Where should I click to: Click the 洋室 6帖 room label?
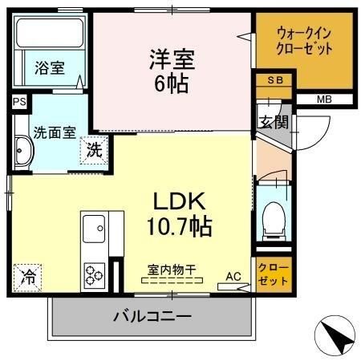[x=170, y=70]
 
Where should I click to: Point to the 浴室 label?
[x=50, y=68]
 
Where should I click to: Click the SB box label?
[x=274, y=81]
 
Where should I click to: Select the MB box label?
[x=323, y=99]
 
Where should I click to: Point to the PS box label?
[x=19, y=102]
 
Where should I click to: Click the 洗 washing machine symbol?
[x=95, y=149]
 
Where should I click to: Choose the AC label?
[x=233, y=276]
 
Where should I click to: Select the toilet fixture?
[x=274, y=215]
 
